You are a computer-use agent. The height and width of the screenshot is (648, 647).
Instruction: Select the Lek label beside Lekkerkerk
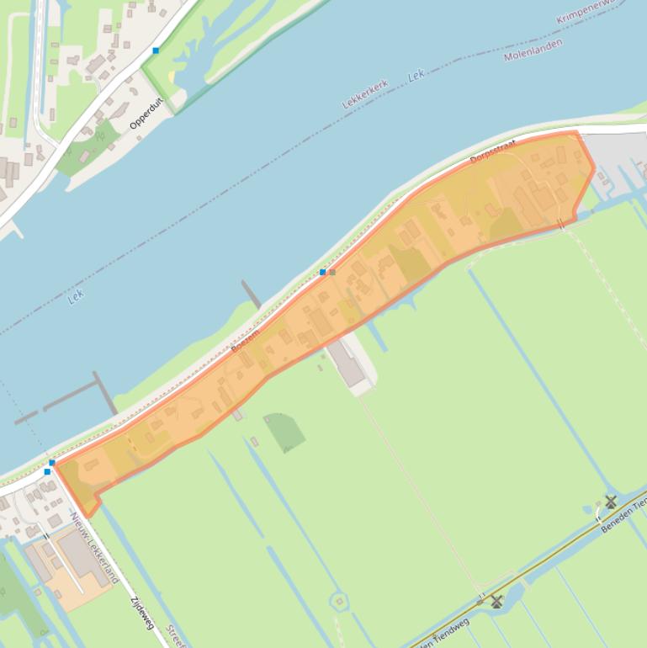tap(416, 77)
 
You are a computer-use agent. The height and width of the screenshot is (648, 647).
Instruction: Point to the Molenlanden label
tap(533, 50)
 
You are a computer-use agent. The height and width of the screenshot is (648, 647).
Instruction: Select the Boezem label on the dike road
tap(245, 341)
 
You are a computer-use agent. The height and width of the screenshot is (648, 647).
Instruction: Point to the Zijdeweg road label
tap(142, 613)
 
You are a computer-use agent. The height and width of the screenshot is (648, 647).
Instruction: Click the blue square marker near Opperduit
tap(156, 50)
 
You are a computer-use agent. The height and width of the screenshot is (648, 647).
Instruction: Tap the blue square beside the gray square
tap(323, 272)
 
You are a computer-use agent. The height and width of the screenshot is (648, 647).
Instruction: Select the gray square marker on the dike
tap(332, 272)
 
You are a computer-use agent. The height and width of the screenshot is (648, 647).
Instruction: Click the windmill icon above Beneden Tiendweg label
tap(611, 502)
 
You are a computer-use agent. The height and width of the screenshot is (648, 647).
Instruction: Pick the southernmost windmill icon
tap(496, 601)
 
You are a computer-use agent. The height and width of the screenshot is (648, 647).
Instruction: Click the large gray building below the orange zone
tap(349, 364)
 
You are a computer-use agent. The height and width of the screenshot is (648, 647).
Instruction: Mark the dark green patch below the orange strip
tap(284, 431)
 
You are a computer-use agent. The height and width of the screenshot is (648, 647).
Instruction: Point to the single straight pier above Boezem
tap(251, 295)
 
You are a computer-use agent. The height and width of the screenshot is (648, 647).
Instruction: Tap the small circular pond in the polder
tap(339, 601)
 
